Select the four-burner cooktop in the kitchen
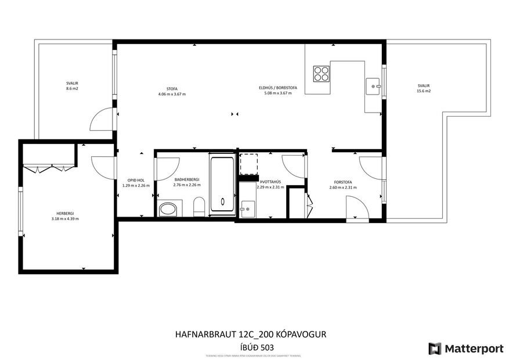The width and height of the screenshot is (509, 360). pos(321,73)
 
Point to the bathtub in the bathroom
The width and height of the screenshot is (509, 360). pos(222,185)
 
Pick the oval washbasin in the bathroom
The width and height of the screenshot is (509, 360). pos(168,209)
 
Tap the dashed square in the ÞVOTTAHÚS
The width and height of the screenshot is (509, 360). pos(248,163)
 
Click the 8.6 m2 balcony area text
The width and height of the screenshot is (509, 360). pos(72,89)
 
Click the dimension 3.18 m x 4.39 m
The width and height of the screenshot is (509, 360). pos(64,219)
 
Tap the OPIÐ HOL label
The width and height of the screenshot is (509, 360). pos(136,180)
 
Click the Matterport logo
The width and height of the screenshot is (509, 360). pos(465,348)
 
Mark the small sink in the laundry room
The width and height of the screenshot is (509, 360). pos(247,208)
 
